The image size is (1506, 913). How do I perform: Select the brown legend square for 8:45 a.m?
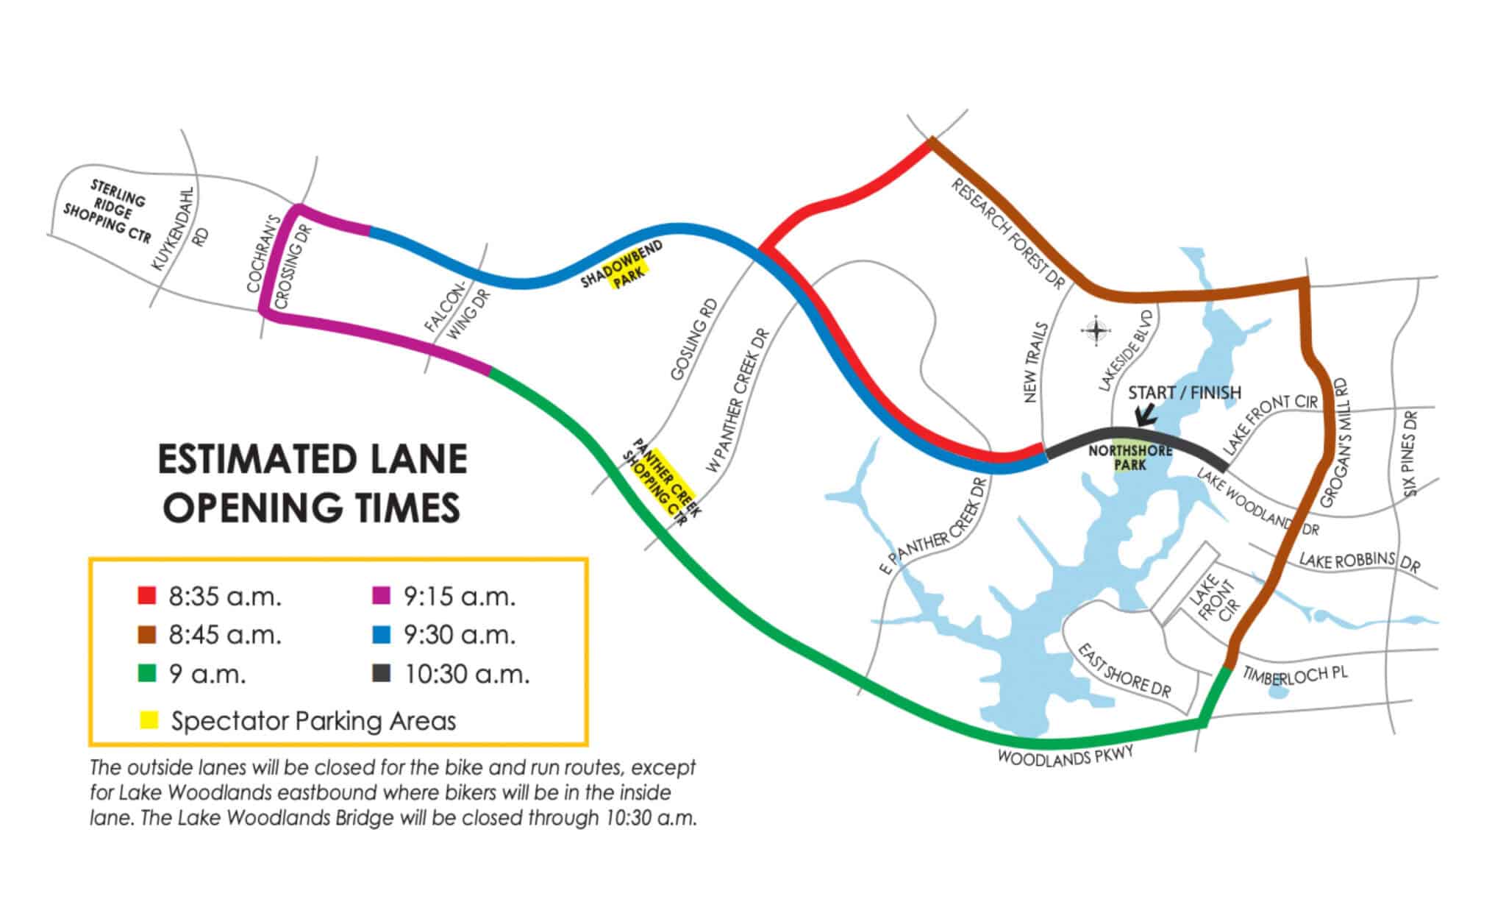pos(147,634)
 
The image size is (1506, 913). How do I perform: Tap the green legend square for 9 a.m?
pos(147,673)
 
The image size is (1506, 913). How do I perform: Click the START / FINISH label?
pos(1184,393)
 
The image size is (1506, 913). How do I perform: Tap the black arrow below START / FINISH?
pos(1144,416)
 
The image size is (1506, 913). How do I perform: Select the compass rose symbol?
pos(1096,330)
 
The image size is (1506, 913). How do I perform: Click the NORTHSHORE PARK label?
pos(1130,458)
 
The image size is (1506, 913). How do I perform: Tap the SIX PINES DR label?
pos(1410,454)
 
